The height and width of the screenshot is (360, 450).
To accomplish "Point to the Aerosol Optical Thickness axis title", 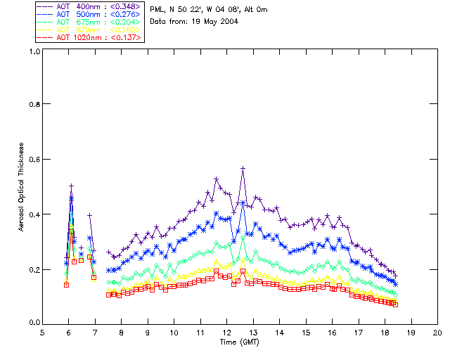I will [x=21, y=188].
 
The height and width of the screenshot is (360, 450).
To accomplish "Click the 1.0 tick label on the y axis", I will [x=33, y=51].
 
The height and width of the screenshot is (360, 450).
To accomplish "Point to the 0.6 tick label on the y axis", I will [x=33, y=159].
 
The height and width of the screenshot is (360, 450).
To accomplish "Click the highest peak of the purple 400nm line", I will [x=243, y=169].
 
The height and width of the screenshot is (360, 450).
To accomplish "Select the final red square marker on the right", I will [x=396, y=304].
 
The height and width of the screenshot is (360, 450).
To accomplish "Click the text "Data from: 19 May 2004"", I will [x=194, y=21].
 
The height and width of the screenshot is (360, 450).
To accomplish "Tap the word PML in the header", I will [x=157, y=9].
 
